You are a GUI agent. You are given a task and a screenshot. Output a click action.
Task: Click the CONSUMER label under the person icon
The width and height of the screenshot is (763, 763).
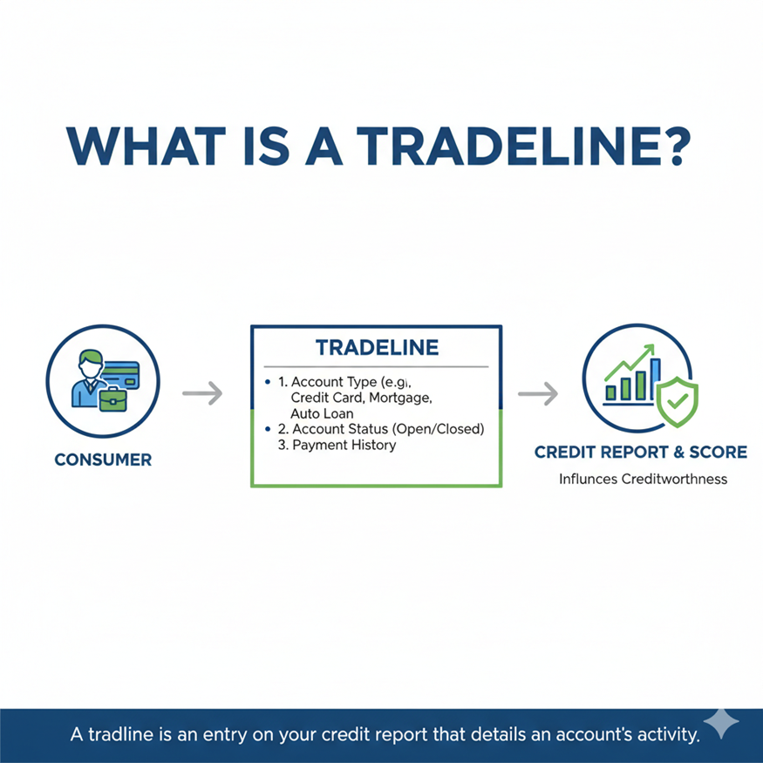point(103,460)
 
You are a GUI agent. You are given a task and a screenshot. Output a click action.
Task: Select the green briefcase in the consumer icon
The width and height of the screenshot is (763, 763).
point(114,399)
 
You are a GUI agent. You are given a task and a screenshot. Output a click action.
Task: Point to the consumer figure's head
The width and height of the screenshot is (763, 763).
point(89,361)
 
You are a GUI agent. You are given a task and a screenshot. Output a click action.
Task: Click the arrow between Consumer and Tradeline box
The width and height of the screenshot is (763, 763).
point(201,394)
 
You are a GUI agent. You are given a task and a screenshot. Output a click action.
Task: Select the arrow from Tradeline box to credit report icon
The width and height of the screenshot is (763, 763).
point(538,394)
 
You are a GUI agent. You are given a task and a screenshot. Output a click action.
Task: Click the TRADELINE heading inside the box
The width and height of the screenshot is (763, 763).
point(377,347)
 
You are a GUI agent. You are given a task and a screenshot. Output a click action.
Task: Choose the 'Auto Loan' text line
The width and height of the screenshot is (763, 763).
point(323,413)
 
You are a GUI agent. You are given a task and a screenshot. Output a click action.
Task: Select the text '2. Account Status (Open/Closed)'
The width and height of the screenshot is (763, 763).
point(380,429)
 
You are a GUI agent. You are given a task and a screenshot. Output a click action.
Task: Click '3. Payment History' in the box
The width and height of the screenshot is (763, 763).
point(337,445)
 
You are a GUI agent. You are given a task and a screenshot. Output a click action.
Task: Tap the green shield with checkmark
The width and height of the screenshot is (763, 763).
point(677,403)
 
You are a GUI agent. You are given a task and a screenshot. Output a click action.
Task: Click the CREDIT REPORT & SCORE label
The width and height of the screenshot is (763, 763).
point(640,452)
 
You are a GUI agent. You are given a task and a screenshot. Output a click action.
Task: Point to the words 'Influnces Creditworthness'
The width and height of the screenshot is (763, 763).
point(643,479)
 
